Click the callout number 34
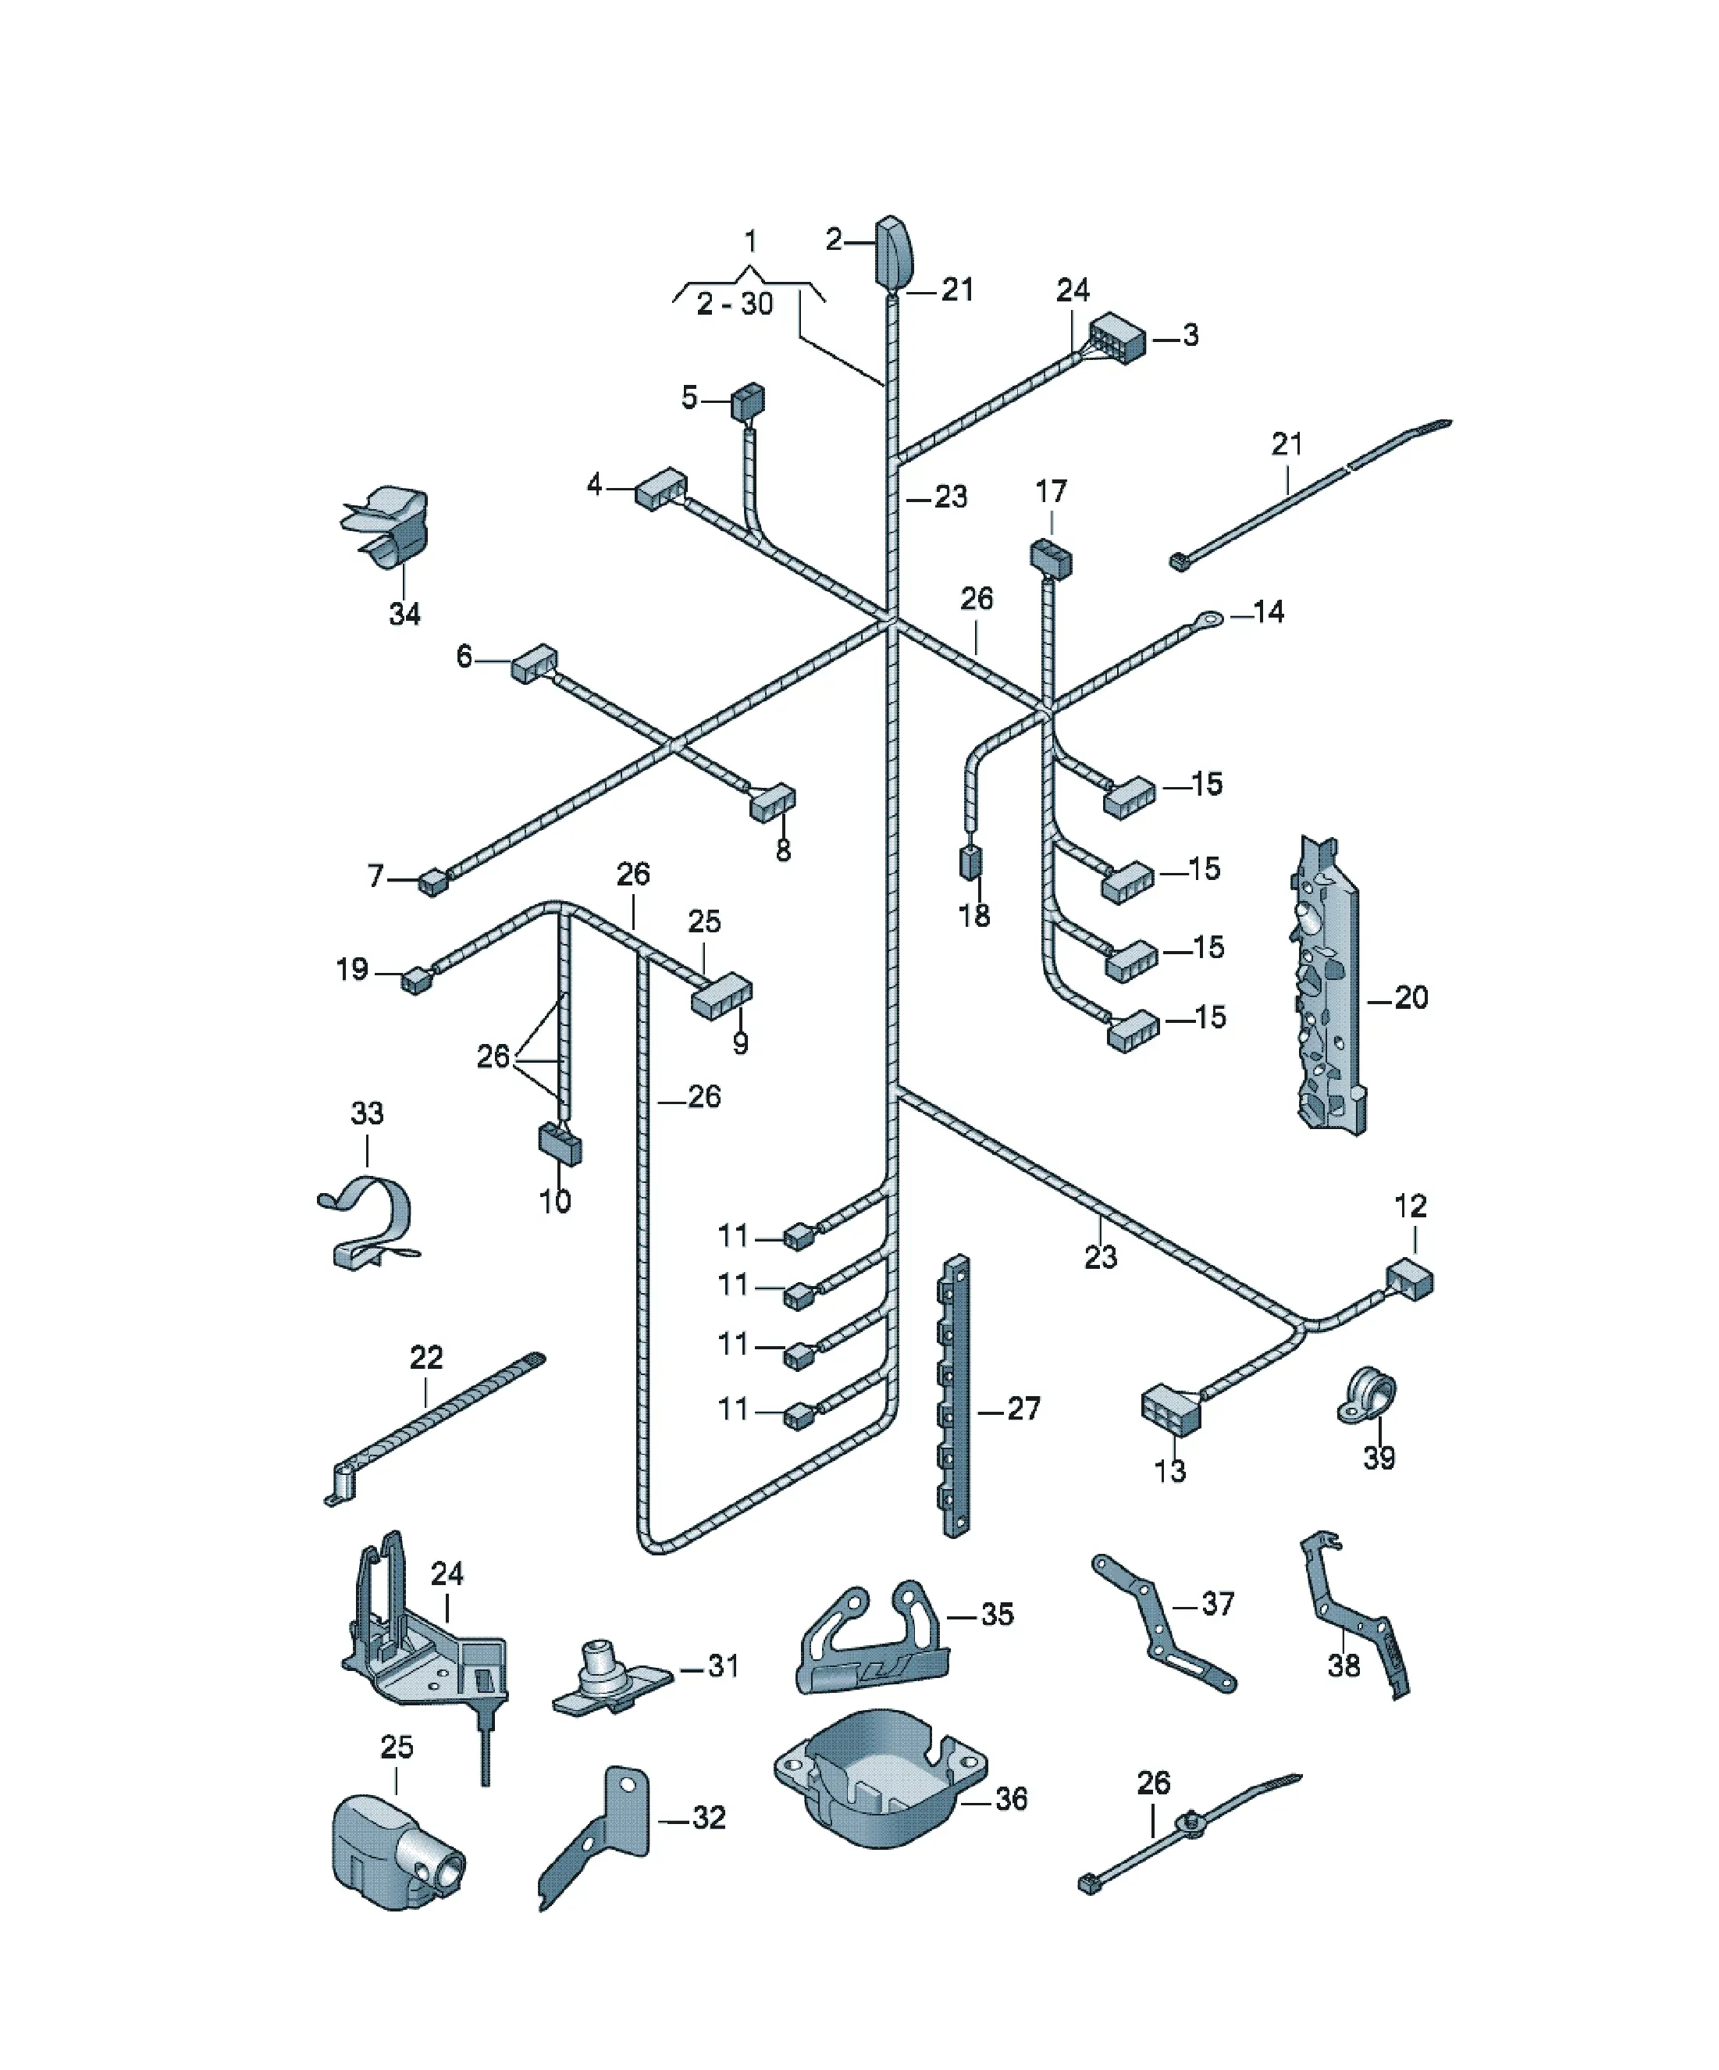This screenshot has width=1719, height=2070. pyautogui.click(x=404, y=614)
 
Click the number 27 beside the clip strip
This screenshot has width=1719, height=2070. pyautogui.click(x=1023, y=1409)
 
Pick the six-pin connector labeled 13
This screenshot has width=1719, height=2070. pyautogui.click(x=1171, y=1412)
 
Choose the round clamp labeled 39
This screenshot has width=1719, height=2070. pyautogui.click(x=1366, y=1396)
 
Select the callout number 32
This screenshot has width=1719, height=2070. pyautogui.click(x=709, y=1817)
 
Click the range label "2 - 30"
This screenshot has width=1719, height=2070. pyautogui.click(x=735, y=304)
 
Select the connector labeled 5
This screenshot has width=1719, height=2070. pyautogui.click(x=747, y=402)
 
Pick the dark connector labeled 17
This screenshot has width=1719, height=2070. pyautogui.click(x=1051, y=559)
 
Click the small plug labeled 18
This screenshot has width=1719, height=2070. pyautogui.click(x=971, y=861)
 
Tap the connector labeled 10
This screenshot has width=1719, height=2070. pyautogui.click(x=559, y=1143)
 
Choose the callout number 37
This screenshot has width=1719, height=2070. pyautogui.click(x=1217, y=1604)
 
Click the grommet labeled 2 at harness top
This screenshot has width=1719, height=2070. pyautogui.click(x=894, y=252)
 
